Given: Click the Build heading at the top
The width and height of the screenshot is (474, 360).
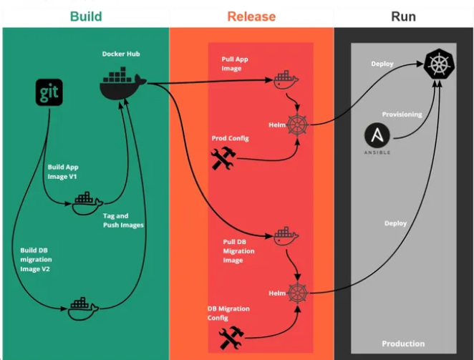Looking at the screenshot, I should click(x=86, y=16).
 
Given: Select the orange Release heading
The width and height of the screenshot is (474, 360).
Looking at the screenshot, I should click(x=251, y=16).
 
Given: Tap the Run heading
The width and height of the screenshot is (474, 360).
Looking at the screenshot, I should click(x=403, y=16).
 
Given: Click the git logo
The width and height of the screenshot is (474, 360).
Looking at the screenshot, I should click(x=49, y=93).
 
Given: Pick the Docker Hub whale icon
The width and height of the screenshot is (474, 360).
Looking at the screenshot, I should click(x=122, y=84).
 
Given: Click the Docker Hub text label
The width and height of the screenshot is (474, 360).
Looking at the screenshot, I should click(x=120, y=54).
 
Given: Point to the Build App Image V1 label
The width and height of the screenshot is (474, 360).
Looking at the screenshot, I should click(x=63, y=171).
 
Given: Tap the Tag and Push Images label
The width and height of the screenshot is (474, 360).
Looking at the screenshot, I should click(x=122, y=220).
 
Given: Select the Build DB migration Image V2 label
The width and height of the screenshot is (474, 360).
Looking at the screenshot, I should click(x=36, y=259).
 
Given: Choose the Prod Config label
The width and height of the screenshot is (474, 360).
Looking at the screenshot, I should click(x=230, y=137).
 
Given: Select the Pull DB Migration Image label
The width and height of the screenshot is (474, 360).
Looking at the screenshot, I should click(x=238, y=251).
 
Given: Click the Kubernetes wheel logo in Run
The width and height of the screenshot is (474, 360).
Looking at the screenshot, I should click(x=438, y=65).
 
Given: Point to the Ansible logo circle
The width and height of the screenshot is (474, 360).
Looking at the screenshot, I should click(x=377, y=137).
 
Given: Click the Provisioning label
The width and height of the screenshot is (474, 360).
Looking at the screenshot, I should click(x=402, y=115).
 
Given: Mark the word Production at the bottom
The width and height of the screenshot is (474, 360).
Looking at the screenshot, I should click(x=403, y=344).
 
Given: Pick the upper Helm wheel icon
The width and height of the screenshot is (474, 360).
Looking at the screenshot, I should click(x=296, y=125).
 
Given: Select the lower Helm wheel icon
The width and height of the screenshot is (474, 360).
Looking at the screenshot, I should click(x=296, y=293).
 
